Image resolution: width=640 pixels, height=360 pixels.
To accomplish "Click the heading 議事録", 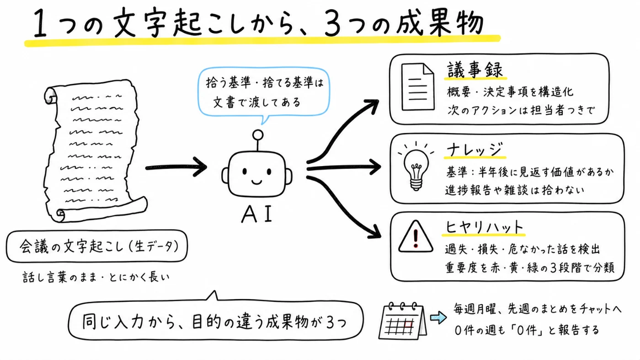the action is pos(475,70).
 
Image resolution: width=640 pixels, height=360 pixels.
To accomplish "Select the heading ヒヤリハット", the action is pos(484,227).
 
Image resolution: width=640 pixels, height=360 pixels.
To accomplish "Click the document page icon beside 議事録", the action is pos(418,86).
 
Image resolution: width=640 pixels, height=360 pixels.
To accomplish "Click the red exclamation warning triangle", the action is pos(416,237).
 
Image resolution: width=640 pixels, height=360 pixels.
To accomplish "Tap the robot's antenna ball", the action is pos(258,134).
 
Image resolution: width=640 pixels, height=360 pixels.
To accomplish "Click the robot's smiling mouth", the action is pos(256,182).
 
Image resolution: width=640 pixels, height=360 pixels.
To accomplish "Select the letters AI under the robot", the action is pos(256,214).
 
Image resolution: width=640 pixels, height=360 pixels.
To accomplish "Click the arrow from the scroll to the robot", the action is pos(176,167).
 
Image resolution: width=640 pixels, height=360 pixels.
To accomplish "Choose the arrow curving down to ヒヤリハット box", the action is pos(344,206).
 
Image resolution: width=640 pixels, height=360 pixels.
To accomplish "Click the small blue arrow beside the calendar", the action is pos(438,317).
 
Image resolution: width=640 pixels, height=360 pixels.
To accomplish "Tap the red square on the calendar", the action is pos(408,324).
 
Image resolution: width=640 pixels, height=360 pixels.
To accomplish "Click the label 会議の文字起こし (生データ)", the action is pos(99,247).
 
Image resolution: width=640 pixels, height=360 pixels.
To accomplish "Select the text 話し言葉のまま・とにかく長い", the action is pos(96,277).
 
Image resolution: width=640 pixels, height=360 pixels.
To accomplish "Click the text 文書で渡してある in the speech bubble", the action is pos(256,102).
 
